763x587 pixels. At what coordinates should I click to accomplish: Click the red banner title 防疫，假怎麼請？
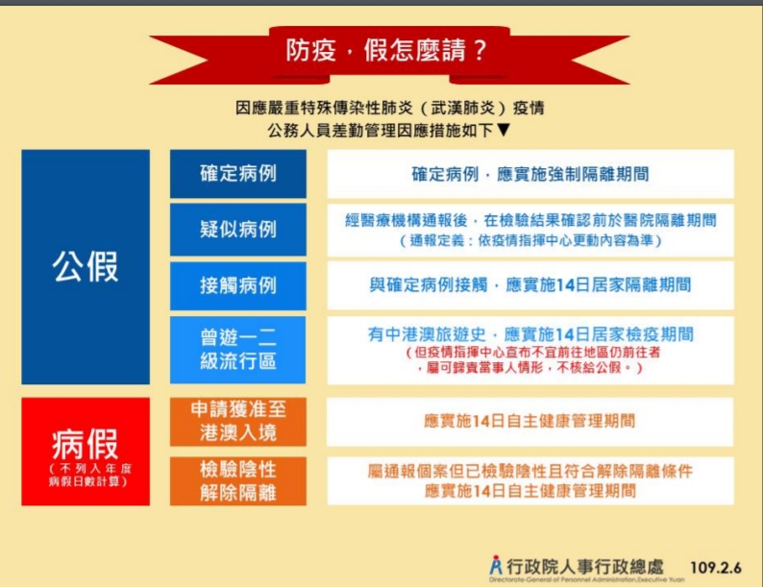click(x=386, y=50)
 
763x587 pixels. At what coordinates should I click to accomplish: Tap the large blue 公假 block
click(x=86, y=267)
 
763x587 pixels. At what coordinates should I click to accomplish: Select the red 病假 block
click(x=86, y=452)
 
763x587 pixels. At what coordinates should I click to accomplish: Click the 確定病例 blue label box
click(x=238, y=174)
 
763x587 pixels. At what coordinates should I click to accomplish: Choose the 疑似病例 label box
click(x=238, y=230)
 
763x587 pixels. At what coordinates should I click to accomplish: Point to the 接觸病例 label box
click(x=238, y=285)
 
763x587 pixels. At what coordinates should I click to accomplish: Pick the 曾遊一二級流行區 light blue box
click(x=238, y=350)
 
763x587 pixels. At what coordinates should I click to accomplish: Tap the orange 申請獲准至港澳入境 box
click(x=238, y=422)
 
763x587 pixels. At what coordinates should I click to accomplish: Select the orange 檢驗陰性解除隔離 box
click(x=238, y=481)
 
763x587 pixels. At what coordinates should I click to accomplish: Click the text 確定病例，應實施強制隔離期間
click(x=530, y=174)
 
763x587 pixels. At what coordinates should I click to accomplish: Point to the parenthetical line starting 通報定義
click(x=530, y=240)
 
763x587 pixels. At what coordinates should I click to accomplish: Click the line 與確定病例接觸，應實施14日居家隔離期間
click(x=530, y=285)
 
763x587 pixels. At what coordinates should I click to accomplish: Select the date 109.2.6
click(x=715, y=568)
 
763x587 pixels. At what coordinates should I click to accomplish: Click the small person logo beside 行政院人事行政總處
click(x=496, y=565)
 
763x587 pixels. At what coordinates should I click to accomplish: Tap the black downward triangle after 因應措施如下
click(x=505, y=130)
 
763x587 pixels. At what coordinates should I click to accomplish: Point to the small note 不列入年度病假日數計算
click(x=89, y=476)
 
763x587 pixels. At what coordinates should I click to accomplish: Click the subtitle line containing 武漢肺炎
click(x=390, y=108)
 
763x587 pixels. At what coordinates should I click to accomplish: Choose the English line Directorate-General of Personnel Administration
click(x=587, y=579)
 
